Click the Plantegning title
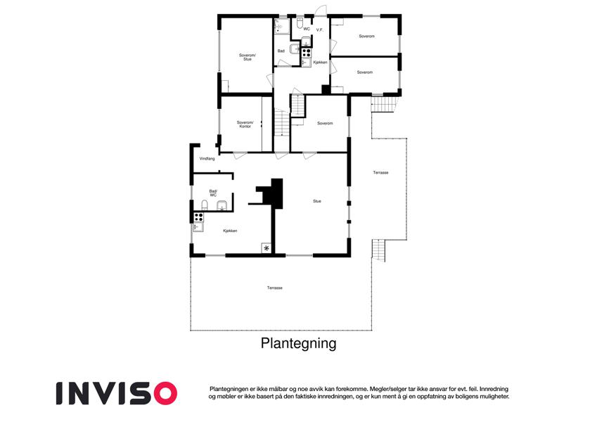(x=298, y=343)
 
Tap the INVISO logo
(x=117, y=393)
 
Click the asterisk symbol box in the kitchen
(x=267, y=248)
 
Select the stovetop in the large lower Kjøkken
(x=198, y=217)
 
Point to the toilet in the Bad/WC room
(x=205, y=205)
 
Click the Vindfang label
(x=207, y=158)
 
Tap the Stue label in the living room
(x=316, y=201)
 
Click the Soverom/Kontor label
(x=245, y=124)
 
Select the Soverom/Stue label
(x=248, y=57)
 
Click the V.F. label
(x=320, y=30)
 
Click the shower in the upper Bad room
(x=282, y=27)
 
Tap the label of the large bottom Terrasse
(x=274, y=288)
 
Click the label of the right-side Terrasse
(x=380, y=172)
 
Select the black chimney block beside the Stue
(x=271, y=193)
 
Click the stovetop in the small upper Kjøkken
(x=307, y=53)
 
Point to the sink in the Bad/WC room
(x=222, y=205)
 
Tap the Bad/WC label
(x=213, y=193)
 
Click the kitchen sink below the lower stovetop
(x=198, y=227)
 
